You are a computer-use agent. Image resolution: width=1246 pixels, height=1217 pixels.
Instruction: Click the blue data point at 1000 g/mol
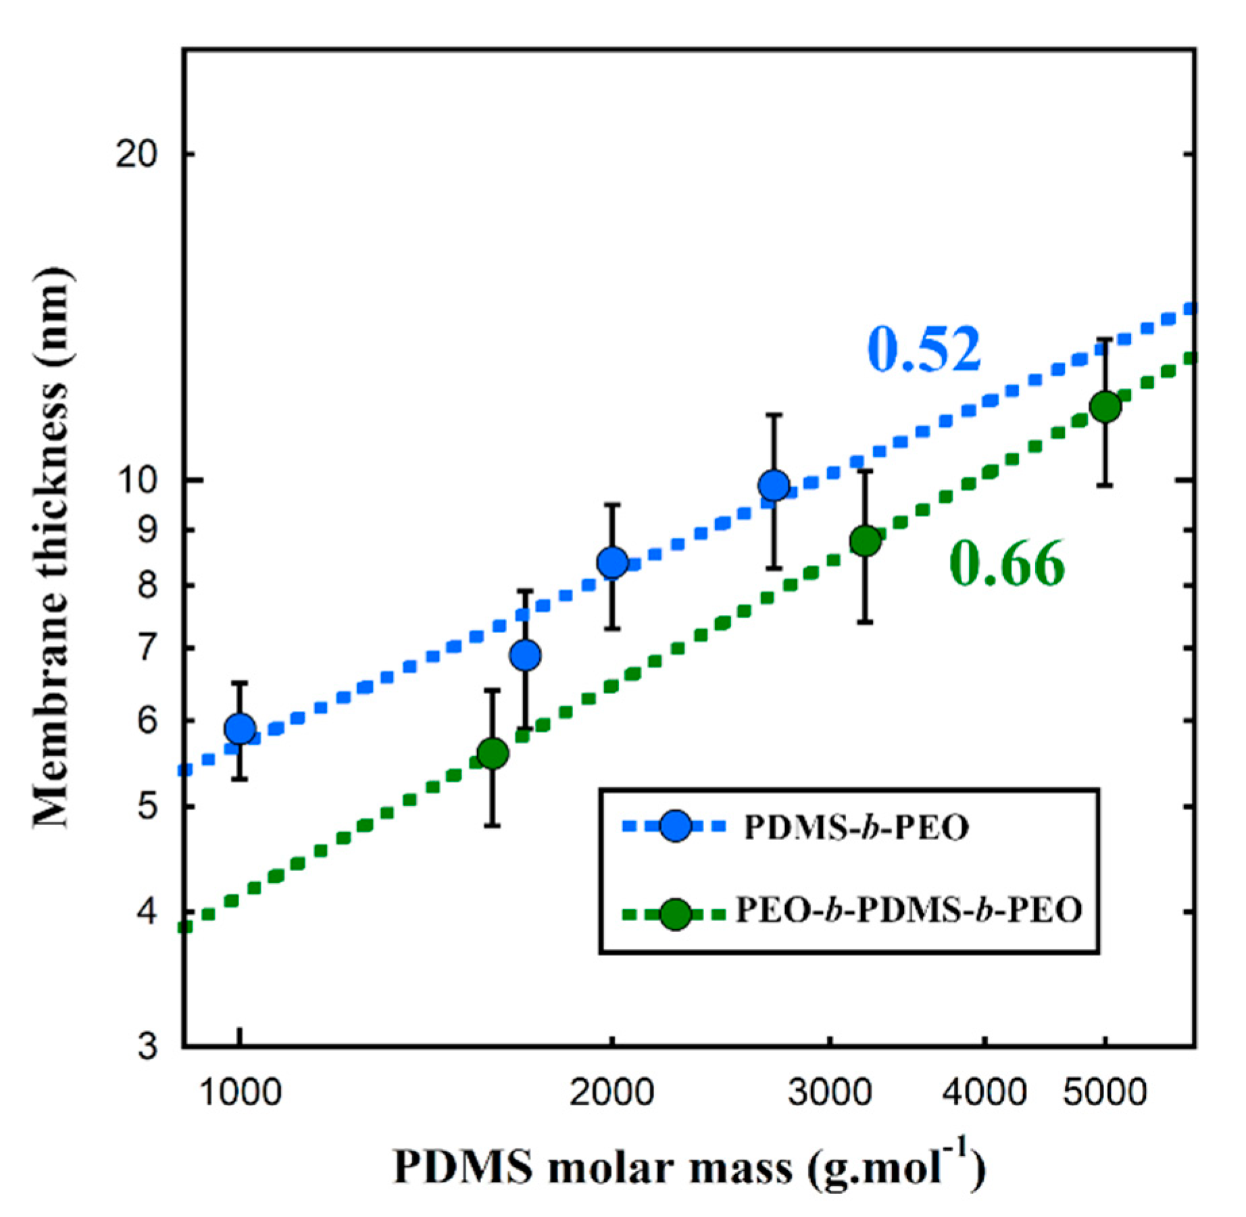(240, 728)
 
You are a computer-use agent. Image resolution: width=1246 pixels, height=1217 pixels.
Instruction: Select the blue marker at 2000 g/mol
(612, 562)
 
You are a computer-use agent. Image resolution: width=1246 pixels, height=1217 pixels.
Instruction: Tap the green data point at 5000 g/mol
(1105, 406)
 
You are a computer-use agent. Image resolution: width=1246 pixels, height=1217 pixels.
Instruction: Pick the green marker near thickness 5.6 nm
(493, 753)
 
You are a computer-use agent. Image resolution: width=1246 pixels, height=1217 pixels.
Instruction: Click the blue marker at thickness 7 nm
(525, 655)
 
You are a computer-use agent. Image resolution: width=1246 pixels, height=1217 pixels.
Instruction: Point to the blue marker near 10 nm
(774, 485)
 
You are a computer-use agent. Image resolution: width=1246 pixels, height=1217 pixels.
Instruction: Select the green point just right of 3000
(866, 541)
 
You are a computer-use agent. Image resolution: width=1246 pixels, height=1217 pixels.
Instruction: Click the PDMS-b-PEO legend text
(856, 827)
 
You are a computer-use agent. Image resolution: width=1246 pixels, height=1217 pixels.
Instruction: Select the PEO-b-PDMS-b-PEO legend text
(908, 910)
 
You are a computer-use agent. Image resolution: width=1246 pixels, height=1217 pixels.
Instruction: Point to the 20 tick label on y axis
(136, 155)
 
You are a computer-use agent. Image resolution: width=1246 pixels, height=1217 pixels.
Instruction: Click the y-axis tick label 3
(147, 1047)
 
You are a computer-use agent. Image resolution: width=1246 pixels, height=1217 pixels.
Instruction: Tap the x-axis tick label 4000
(985, 1092)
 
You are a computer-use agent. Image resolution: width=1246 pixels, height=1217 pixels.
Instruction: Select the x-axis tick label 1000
(241, 1092)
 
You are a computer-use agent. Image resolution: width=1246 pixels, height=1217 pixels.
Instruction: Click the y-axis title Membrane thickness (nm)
(53, 547)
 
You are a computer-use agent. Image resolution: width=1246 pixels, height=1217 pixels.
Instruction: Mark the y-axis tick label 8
(147, 585)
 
